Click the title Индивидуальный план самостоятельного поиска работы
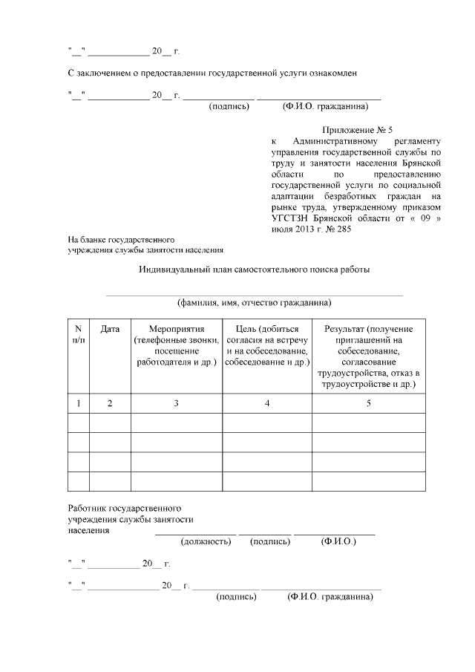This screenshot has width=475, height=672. click(x=254, y=270)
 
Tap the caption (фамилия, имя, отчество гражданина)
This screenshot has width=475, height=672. click(x=254, y=303)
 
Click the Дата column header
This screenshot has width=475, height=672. click(x=110, y=329)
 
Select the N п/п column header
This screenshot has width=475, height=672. click(x=79, y=334)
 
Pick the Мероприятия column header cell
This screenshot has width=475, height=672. click(x=176, y=345)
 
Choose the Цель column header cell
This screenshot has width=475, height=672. click(x=266, y=345)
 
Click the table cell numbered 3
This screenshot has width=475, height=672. click(x=176, y=403)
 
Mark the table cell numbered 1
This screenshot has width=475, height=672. click(x=79, y=403)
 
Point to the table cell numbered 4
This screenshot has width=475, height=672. click(x=266, y=403)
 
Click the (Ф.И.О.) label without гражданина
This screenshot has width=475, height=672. click(x=338, y=542)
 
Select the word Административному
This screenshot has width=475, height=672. click(x=338, y=141)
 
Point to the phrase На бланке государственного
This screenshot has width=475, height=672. click(x=121, y=240)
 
